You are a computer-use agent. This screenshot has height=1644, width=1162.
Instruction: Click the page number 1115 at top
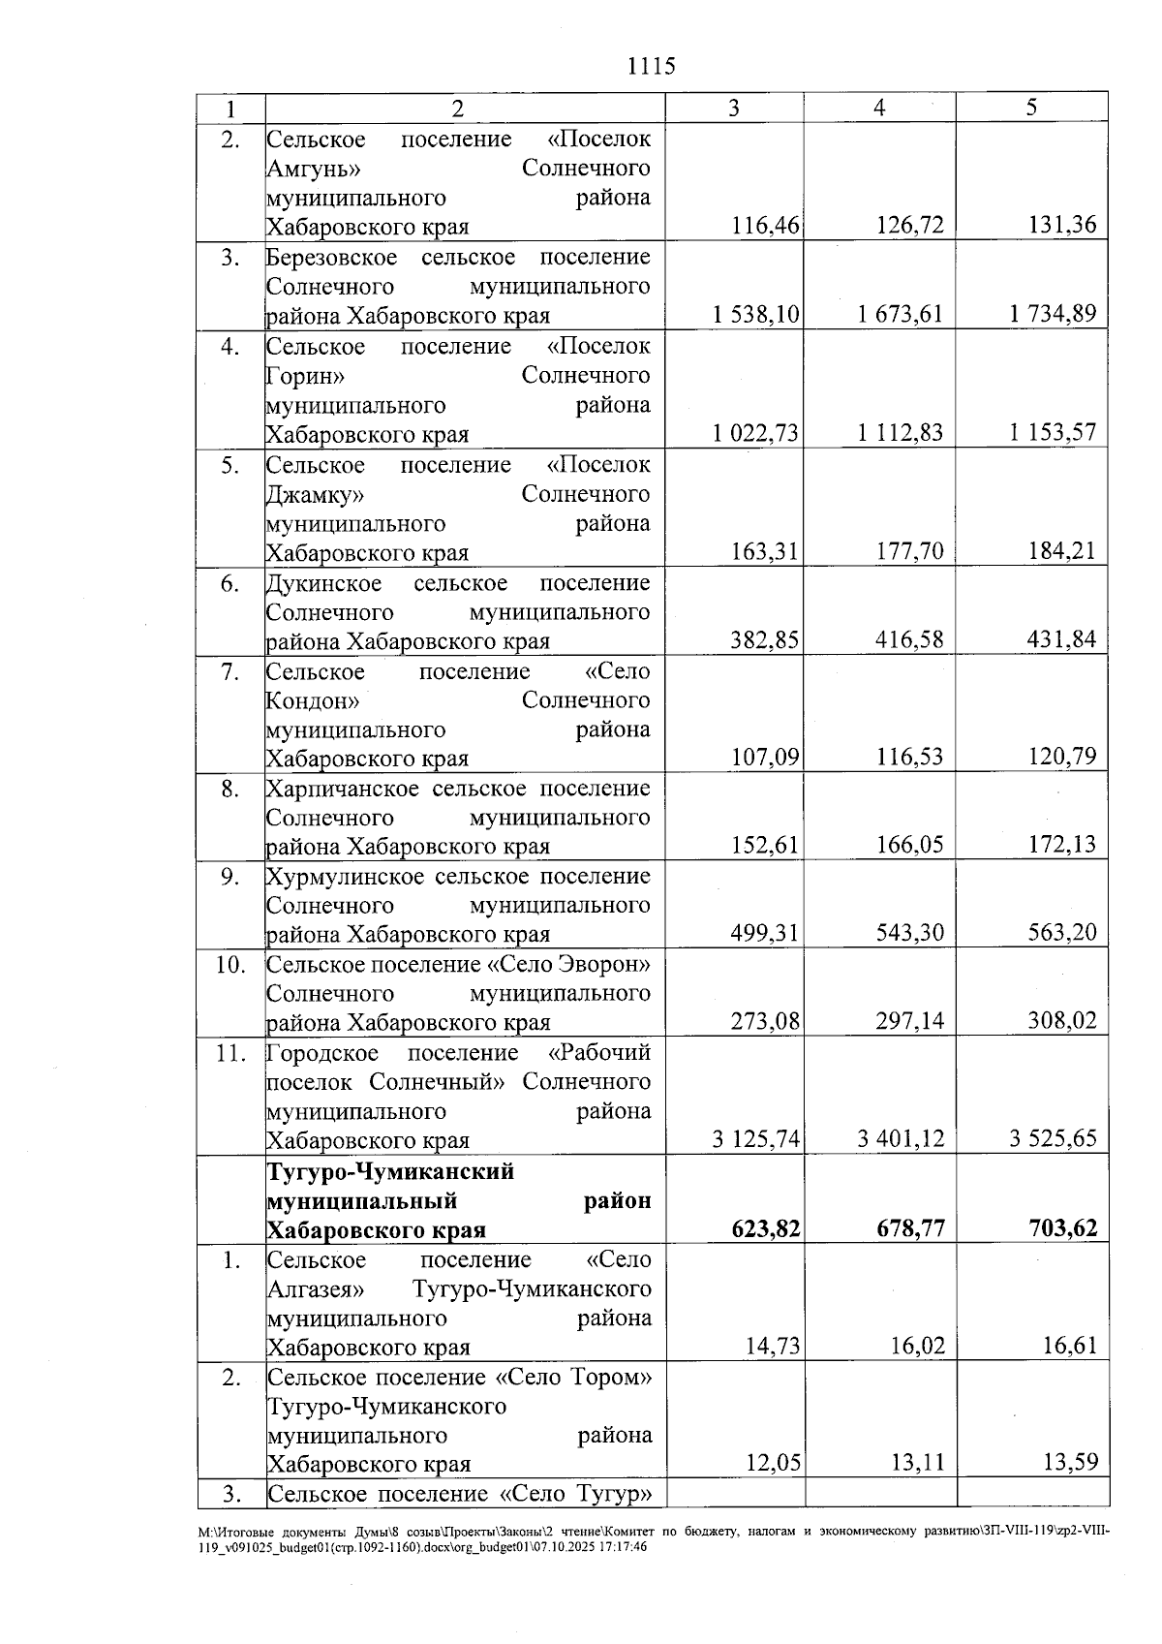pyautogui.click(x=651, y=67)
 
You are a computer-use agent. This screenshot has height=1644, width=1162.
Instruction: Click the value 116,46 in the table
pyautogui.click(x=766, y=227)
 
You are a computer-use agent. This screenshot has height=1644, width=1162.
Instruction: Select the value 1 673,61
pyautogui.click(x=900, y=315)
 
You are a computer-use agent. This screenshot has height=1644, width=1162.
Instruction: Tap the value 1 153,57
pyautogui.click(x=1053, y=433)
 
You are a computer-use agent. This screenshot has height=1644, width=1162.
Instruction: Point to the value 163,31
pyautogui.click(x=765, y=552)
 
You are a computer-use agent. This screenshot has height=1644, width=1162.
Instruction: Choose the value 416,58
pyautogui.click(x=909, y=640)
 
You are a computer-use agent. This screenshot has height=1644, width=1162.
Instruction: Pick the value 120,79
pyautogui.click(x=1062, y=757)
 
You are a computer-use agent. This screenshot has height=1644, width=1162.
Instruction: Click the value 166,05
pyautogui.click(x=909, y=845)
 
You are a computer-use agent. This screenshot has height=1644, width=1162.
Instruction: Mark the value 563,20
pyautogui.click(x=1062, y=933)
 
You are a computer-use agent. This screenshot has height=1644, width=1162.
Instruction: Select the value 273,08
pyautogui.click(x=765, y=1021)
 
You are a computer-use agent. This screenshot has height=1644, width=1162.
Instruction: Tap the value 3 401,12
pyautogui.click(x=900, y=1139)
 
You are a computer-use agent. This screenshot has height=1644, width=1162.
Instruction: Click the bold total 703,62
pyautogui.click(x=1062, y=1229)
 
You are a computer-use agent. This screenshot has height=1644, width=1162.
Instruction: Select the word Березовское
pyautogui.click(x=332, y=258)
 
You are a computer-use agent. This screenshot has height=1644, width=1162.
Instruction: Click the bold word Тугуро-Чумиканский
pyautogui.click(x=390, y=1172)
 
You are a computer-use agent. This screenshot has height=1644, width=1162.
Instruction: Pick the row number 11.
pyautogui.click(x=230, y=1053)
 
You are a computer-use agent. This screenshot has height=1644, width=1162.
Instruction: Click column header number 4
pyautogui.click(x=878, y=109)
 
